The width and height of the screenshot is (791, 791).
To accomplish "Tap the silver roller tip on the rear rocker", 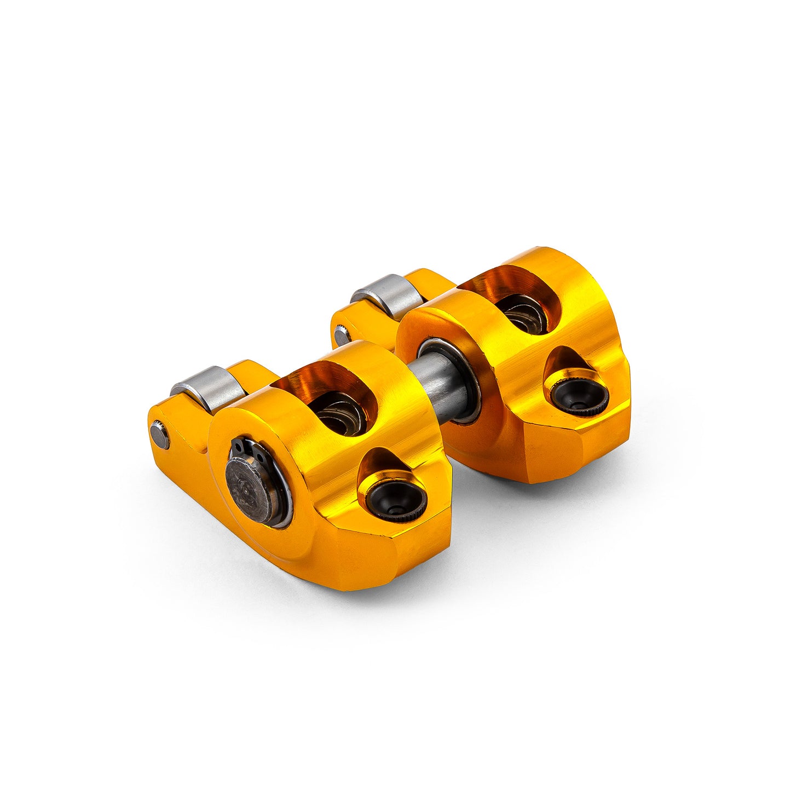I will (386, 296).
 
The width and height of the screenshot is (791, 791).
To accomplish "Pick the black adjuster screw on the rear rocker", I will (579, 394).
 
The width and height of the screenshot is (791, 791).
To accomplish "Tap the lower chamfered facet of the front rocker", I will (383, 553).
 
